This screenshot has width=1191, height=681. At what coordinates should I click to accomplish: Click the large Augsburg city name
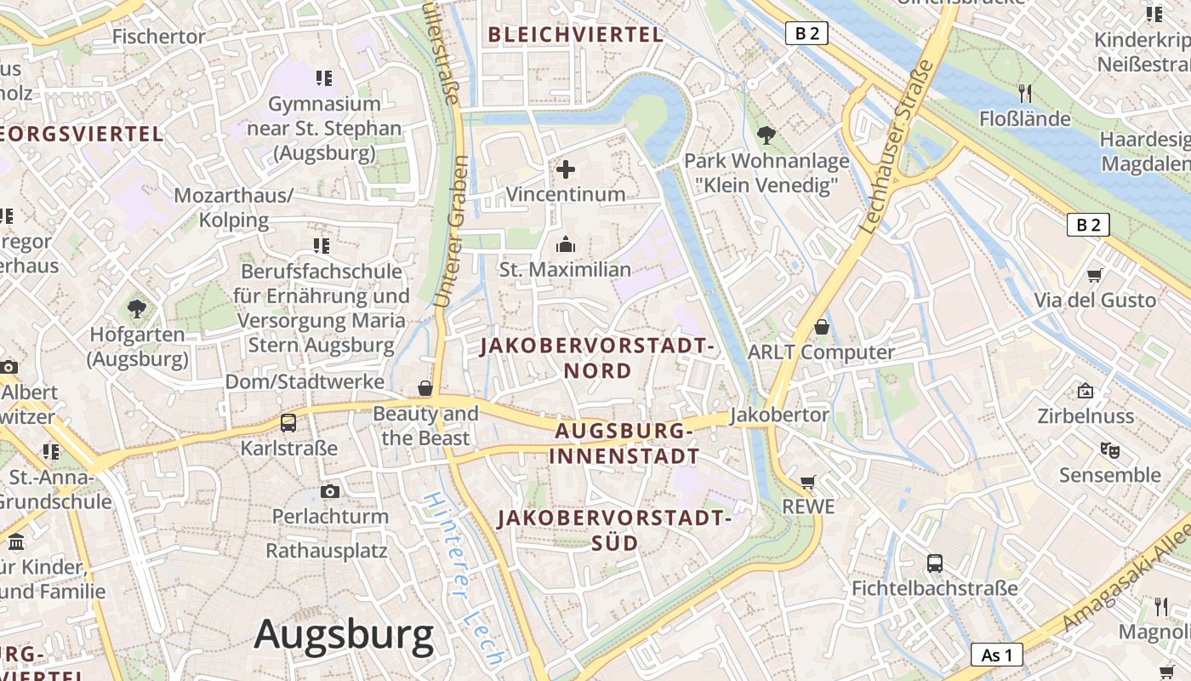[x=344, y=635]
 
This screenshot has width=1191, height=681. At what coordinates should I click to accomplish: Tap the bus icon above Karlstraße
[x=288, y=422]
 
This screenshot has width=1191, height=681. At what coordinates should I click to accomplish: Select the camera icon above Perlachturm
[x=330, y=491]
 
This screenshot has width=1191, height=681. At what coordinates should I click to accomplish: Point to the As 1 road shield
[x=996, y=655]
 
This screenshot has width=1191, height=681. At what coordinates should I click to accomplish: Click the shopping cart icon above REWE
[x=808, y=482]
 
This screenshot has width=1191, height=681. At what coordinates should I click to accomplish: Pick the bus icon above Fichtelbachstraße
[x=935, y=563]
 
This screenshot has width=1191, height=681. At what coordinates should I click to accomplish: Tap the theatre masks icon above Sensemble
[x=1109, y=449]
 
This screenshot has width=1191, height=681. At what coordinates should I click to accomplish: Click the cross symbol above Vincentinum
[x=566, y=169]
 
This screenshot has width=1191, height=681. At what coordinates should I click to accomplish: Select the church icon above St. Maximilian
[x=566, y=245]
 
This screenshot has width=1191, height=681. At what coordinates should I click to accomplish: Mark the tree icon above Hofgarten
[x=136, y=309]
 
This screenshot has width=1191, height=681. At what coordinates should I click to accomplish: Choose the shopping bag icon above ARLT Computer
[x=822, y=327]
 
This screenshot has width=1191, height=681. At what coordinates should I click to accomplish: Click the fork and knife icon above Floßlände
[x=1025, y=93]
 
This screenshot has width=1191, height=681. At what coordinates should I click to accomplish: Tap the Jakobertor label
[x=779, y=415]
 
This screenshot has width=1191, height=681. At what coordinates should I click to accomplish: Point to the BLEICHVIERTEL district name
[x=575, y=35]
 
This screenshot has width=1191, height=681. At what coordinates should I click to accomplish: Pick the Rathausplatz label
[x=327, y=550]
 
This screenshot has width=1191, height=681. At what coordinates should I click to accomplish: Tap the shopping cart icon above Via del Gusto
[x=1095, y=275]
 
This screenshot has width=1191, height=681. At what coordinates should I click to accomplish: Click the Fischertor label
[x=159, y=37]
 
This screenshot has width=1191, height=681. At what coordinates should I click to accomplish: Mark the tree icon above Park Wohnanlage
[x=766, y=134]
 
